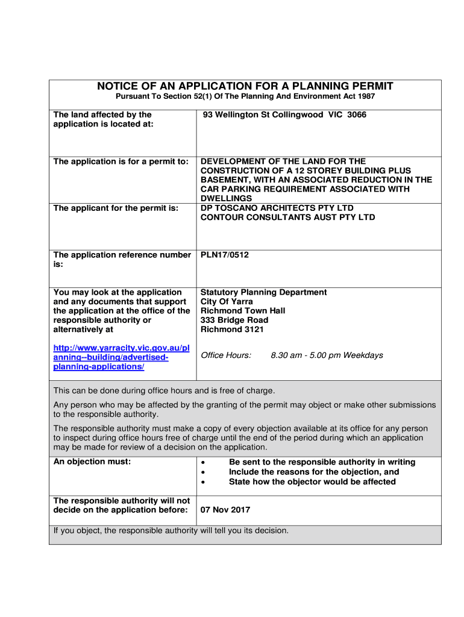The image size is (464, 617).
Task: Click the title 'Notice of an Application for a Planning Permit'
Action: (245, 86)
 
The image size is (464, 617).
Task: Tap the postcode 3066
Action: (357, 114)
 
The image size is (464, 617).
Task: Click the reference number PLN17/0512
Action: (225, 255)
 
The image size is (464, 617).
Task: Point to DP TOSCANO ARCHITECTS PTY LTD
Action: (277, 208)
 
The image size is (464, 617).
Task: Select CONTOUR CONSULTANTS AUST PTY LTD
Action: (287, 217)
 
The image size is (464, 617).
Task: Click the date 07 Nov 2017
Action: (225, 510)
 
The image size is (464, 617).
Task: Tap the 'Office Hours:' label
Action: (226, 355)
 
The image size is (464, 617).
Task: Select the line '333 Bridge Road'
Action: (234, 320)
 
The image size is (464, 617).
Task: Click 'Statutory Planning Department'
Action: (263, 292)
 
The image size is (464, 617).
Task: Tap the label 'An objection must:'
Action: (92, 462)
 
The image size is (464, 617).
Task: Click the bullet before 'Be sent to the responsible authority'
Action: (203, 463)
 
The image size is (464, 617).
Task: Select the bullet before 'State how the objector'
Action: (203, 482)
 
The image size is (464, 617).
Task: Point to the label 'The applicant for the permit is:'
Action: (116, 208)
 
